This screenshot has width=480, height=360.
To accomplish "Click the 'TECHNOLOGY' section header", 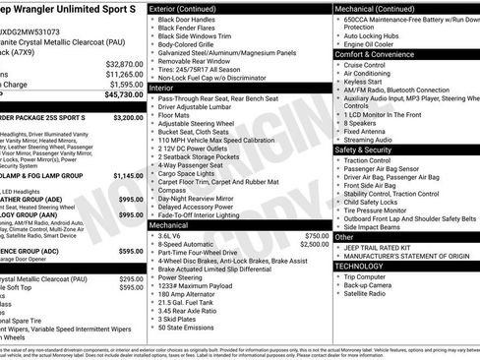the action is pos(359,266).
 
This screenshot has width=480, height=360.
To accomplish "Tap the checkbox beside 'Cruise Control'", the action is pos(338,64).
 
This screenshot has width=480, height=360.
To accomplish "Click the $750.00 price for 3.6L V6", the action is pos(317,236).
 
